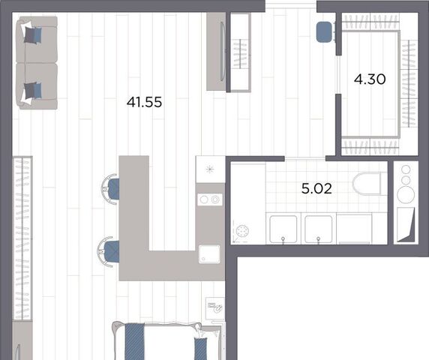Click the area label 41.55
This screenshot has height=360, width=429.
144,102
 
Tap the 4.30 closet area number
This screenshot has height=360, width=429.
370,79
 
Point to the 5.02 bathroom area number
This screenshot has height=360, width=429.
316,188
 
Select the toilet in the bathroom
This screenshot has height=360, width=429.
367,183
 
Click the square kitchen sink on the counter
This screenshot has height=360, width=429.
209,254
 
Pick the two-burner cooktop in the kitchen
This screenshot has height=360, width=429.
210,199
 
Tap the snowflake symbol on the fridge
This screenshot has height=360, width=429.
210,169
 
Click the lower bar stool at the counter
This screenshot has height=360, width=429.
109,251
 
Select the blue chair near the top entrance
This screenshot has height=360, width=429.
325,31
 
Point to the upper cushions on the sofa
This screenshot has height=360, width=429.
32,34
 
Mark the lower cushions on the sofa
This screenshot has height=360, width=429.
32,91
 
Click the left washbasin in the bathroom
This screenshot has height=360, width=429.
283,229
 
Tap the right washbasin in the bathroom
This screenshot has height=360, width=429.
319,229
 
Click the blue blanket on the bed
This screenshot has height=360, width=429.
134,341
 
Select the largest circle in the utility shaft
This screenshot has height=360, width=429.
406,194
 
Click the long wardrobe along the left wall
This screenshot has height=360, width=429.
22,238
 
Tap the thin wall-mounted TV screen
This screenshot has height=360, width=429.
223,52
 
